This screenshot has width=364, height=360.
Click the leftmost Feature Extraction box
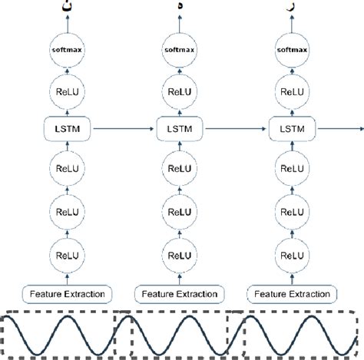(67, 293)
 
